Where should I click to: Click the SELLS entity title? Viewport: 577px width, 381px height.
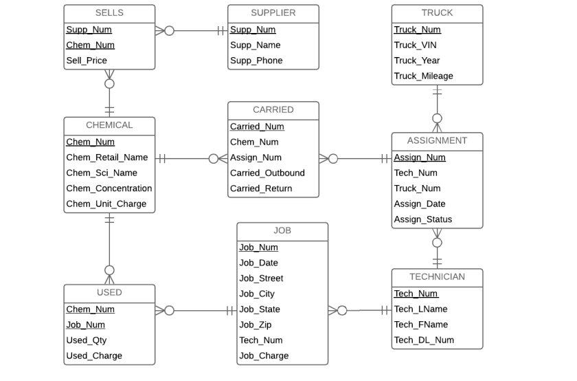click(109, 13)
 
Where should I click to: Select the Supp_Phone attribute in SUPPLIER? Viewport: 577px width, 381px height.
click(256, 61)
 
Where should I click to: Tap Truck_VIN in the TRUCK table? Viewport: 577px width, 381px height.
click(415, 45)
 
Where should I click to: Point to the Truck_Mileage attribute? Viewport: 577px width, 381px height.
click(423, 76)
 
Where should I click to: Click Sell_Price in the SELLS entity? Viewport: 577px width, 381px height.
click(87, 61)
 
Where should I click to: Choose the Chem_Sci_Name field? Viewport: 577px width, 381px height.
click(102, 173)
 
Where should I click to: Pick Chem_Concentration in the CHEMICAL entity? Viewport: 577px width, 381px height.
click(109, 188)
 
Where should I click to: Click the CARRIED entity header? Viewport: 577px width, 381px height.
click(273, 110)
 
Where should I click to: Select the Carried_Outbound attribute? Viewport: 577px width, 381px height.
click(267, 173)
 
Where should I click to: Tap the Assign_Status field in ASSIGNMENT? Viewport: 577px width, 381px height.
click(423, 220)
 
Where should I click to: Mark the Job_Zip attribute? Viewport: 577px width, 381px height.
click(256, 325)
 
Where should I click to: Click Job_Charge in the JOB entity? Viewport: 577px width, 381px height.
click(264, 356)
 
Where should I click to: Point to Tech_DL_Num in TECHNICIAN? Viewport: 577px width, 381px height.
click(424, 340)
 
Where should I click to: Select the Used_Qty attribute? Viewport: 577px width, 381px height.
click(87, 340)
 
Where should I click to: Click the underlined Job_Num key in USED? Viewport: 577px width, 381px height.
click(85, 325)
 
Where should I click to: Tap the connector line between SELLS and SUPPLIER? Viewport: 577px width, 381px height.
click(196, 31)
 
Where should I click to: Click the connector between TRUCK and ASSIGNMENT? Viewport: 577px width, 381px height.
click(438, 103)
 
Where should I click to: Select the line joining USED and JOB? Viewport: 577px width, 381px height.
click(199, 311)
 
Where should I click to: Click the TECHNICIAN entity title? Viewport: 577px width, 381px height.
click(437, 277)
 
